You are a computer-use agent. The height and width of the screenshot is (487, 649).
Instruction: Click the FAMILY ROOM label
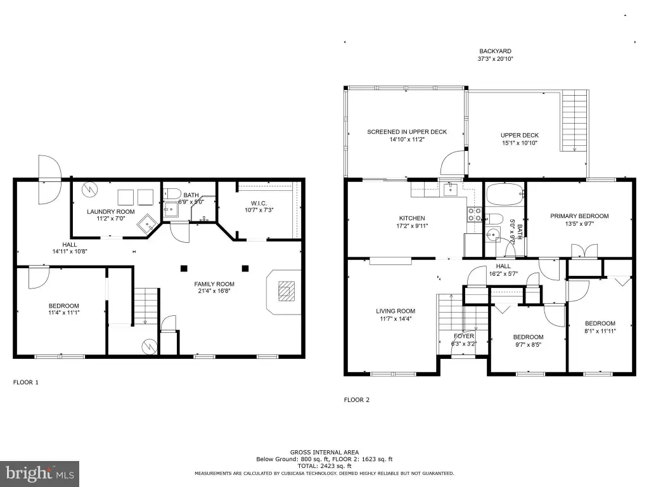pyautogui.click(x=214, y=284)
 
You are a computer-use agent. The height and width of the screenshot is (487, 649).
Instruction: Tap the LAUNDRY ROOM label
pyautogui.click(x=110, y=212)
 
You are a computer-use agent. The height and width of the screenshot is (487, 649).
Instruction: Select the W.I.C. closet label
pyautogui.click(x=259, y=204)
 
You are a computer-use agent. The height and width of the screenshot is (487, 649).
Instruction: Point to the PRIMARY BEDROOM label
pyautogui.click(x=579, y=216)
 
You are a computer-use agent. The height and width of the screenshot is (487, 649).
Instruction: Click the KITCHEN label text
pyautogui.click(x=412, y=218)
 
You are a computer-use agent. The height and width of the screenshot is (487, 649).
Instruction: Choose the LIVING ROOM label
pyautogui.click(x=395, y=311)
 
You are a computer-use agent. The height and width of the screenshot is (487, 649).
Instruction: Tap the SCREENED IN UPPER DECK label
pyautogui.click(x=407, y=132)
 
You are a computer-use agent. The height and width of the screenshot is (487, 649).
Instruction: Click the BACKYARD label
pyautogui.click(x=495, y=51)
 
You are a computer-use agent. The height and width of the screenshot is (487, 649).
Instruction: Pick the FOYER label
pyautogui.click(x=463, y=336)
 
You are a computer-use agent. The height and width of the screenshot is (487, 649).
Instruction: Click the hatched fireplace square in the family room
pyautogui.click(x=286, y=290)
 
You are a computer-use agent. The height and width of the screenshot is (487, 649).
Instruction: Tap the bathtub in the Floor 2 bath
pyautogui.click(x=504, y=195)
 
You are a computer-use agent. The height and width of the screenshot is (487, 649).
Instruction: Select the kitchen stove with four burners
pyautogui.click(x=474, y=214)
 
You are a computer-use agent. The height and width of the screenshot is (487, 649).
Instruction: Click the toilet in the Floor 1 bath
pyautogui.click(x=172, y=193)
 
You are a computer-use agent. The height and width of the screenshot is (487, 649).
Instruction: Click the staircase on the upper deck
pyautogui.click(x=574, y=120)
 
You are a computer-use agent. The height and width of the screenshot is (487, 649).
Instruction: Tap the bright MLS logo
pyautogui.click(x=40, y=473)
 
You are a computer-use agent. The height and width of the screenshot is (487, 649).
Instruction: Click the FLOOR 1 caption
pyautogui.click(x=25, y=382)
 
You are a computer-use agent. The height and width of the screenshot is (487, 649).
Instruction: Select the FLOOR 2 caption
pyautogui.click(x=356, y=399)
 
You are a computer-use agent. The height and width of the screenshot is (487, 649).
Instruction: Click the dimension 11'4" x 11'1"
pyautogui.click(x=64, y=313)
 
